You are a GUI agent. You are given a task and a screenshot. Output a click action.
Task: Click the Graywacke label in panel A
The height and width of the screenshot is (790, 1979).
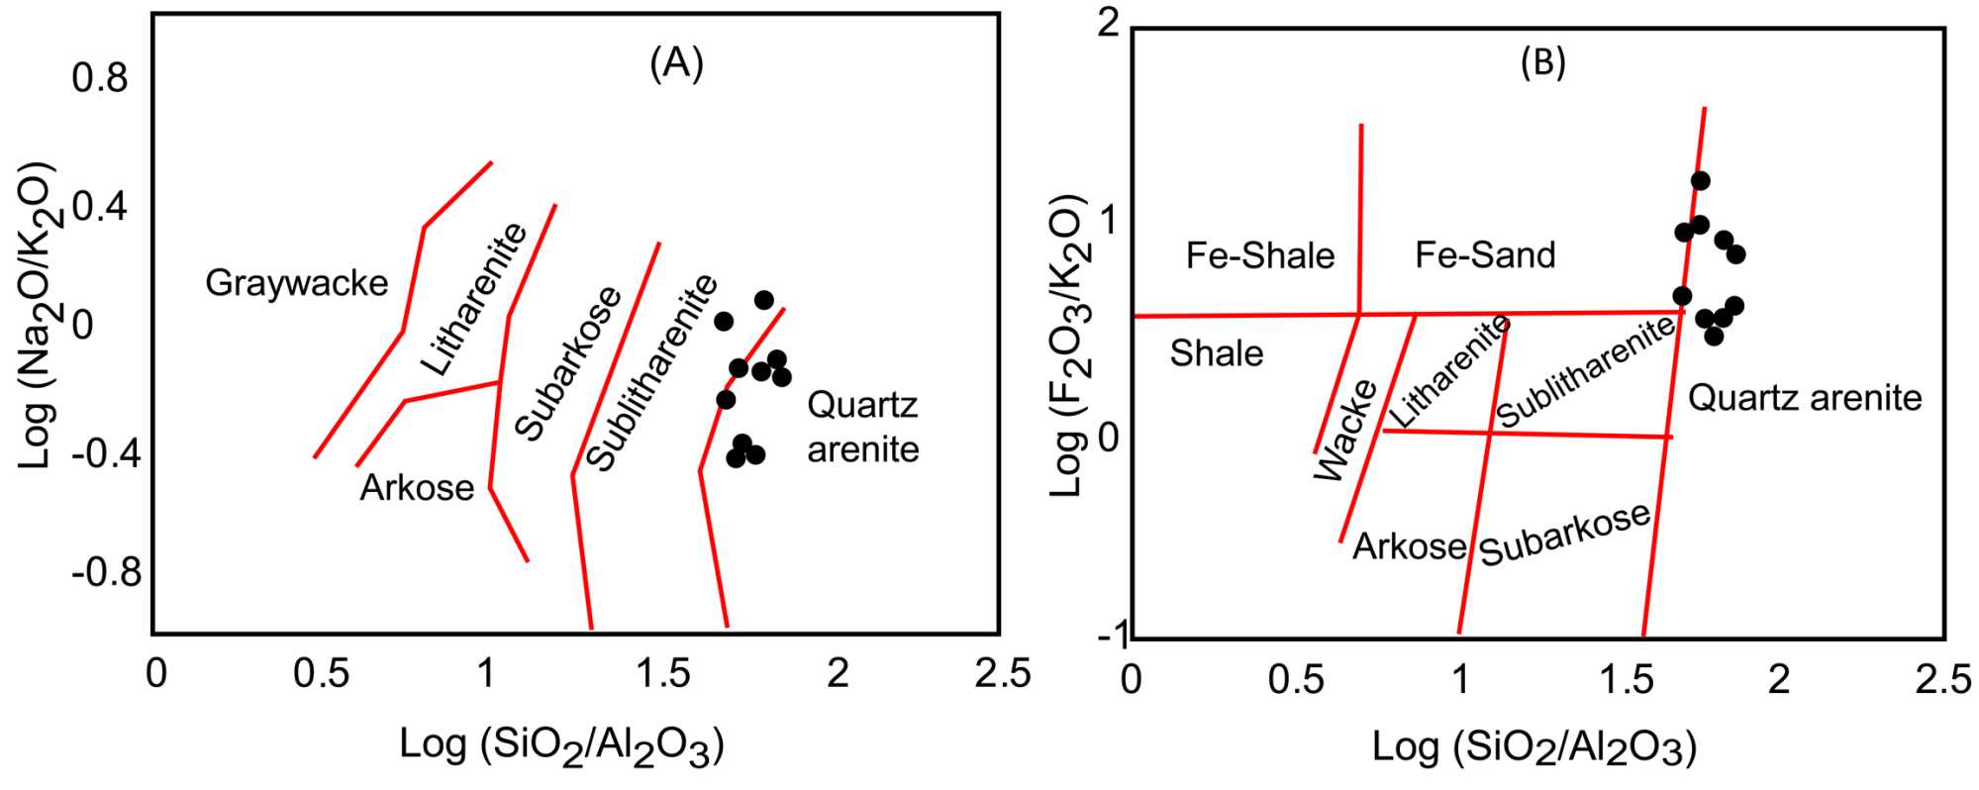296,284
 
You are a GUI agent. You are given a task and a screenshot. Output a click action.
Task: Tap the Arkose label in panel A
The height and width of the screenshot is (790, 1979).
417,488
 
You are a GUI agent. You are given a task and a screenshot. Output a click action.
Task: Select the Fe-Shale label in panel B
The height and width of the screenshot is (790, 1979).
1259,256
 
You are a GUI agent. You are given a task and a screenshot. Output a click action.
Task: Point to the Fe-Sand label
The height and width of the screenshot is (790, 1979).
1484,255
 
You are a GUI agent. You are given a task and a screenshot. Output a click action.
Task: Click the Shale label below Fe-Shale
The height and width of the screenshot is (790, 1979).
1216,353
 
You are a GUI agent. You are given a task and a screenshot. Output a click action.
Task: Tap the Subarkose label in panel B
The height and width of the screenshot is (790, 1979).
1564,534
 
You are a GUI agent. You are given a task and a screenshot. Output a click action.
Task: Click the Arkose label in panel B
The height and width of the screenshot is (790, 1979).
1409,546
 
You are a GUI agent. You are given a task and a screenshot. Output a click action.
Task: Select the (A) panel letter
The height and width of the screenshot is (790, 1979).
676,63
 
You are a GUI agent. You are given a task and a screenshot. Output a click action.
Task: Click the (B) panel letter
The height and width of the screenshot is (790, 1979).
1542,63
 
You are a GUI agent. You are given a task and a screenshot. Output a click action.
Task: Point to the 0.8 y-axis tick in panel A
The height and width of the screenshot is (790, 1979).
100,79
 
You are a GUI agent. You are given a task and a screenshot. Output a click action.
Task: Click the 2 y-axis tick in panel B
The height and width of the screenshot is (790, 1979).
1109,24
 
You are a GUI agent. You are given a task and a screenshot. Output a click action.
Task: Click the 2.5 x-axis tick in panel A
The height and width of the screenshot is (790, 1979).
1002,675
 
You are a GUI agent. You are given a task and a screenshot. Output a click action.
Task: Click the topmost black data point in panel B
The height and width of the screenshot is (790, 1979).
1700,180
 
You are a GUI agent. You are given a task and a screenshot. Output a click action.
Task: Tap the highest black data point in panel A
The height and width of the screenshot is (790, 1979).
763,299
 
